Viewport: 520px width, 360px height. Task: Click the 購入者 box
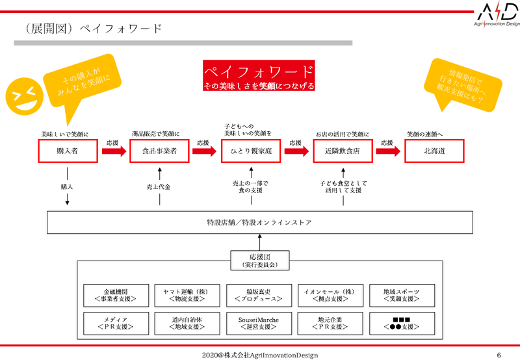(x=68, y=151)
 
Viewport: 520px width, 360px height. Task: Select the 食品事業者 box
(x=159, y=151)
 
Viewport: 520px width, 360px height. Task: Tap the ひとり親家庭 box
(x=250, y=151)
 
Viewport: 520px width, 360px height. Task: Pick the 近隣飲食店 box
(x=343, y=151)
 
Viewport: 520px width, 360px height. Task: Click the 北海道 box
(x=434, y=151)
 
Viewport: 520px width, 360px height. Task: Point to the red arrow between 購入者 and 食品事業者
(x=113, y=151)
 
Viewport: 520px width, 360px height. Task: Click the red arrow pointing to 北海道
(x=388, y=151)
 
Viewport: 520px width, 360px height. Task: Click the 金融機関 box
(x=112, y=296)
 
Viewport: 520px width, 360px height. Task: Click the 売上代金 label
(x=159, y=186)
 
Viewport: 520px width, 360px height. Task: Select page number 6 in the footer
(x=499, y=355)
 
